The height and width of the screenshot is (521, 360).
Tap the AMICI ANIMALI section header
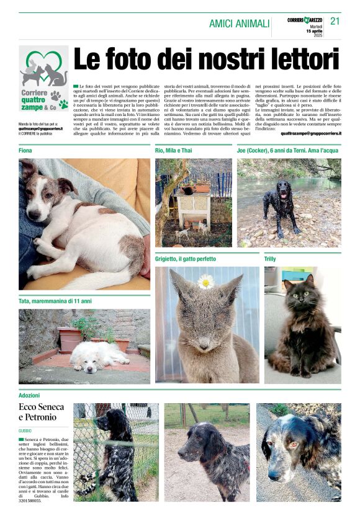(x=239, y=24)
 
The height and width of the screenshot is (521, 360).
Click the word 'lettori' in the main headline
(x=296, y=60)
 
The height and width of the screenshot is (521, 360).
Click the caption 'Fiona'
(x=25, y=151)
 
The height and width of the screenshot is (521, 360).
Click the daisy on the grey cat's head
(x=206, y=282)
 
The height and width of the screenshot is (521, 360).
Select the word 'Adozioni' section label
(x=29, y=394)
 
